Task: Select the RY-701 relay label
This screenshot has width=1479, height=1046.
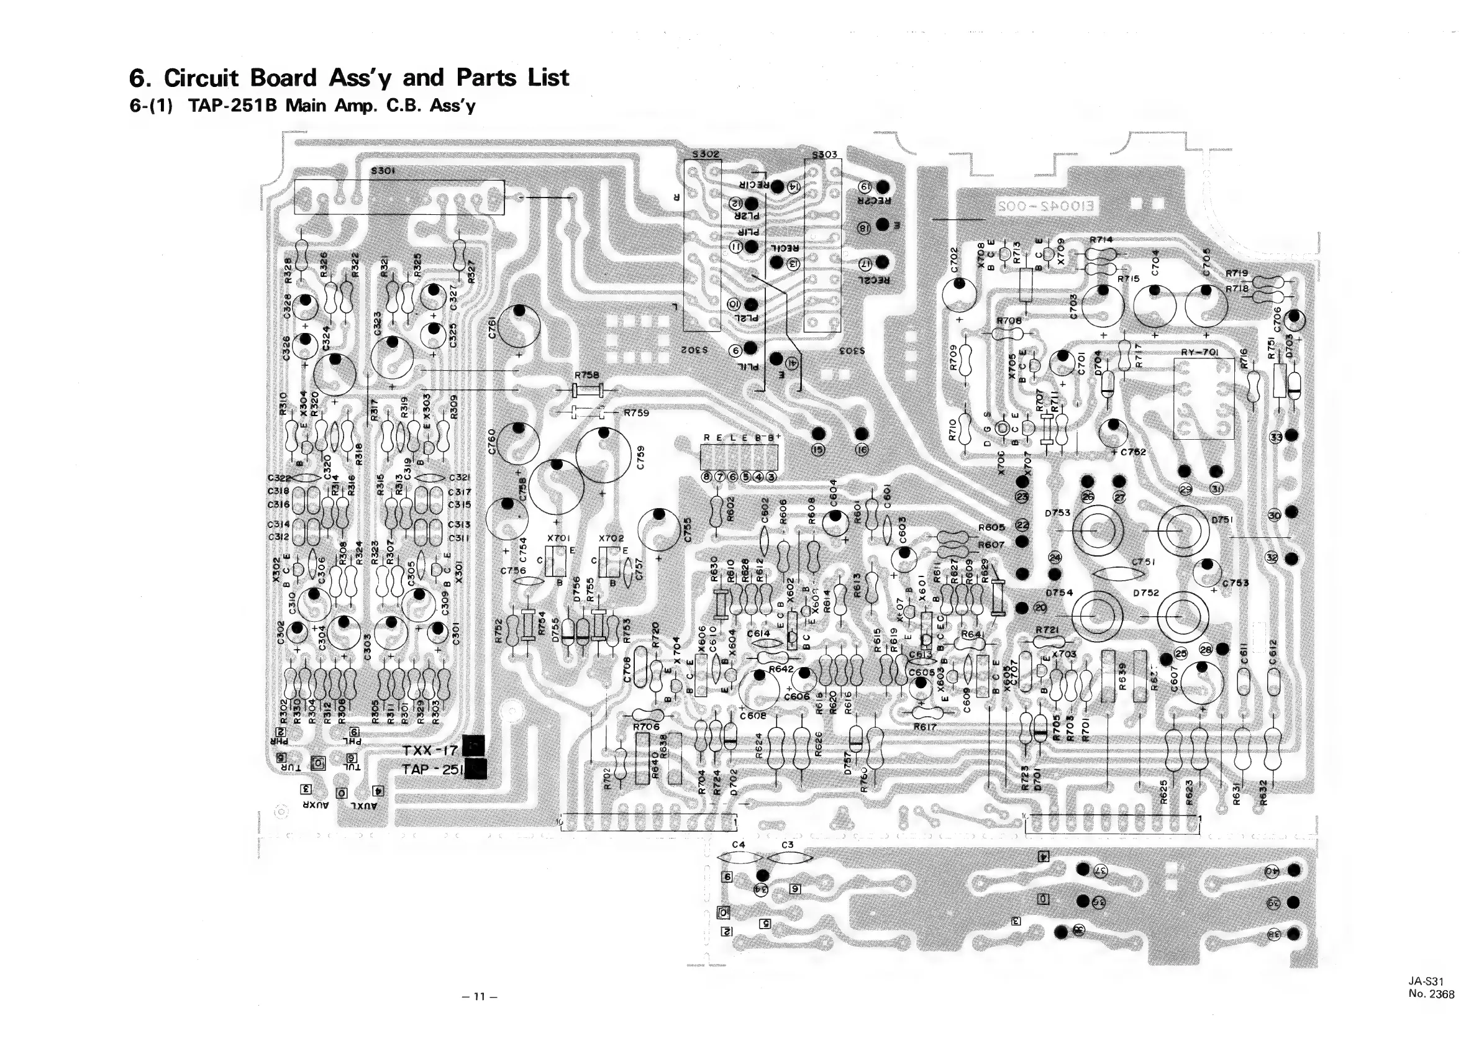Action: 1199,352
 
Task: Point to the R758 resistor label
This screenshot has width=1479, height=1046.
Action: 586,375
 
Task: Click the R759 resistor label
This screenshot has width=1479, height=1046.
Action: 636,413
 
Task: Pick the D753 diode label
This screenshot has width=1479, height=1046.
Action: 1057,512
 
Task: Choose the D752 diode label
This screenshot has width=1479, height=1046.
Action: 1146,593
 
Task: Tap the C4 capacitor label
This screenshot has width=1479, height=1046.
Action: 739,844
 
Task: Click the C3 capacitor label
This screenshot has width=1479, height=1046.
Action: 787,844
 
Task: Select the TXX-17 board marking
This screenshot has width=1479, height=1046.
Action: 430,750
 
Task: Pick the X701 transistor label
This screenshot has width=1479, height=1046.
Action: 558,538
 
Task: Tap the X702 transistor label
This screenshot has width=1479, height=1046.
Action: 611,538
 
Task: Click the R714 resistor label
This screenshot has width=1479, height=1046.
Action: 1101,240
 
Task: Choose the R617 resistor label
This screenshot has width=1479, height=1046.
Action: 924,727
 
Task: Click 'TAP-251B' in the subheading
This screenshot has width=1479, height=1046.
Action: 233,105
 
